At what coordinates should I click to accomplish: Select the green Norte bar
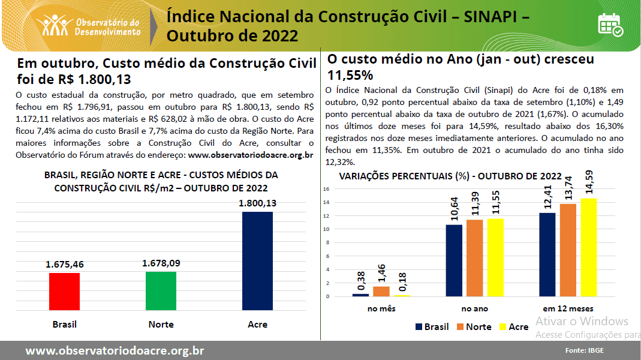coord(161,291)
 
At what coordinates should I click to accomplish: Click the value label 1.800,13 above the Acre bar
coord(257,203)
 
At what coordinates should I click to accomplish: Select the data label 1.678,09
coord(161,263)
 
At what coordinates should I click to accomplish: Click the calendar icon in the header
coord(610,24)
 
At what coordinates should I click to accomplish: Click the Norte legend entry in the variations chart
coord(474,327)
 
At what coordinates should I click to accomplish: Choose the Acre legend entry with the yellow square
coord(513,327)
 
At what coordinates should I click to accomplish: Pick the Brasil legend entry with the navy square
coord(432,327)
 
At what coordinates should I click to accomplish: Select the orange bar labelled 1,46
coord(381,291)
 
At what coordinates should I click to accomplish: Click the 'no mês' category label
coord(381,308)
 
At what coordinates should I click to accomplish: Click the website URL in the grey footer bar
coord(115,350)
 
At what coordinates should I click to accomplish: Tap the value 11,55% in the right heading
coord(351,75)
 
